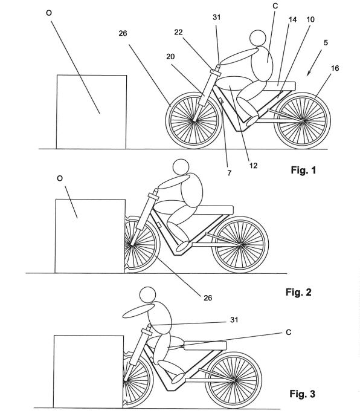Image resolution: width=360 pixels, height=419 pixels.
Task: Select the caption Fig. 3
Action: click(300, 397)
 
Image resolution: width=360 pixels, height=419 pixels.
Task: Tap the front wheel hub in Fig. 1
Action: click(194, 120)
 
